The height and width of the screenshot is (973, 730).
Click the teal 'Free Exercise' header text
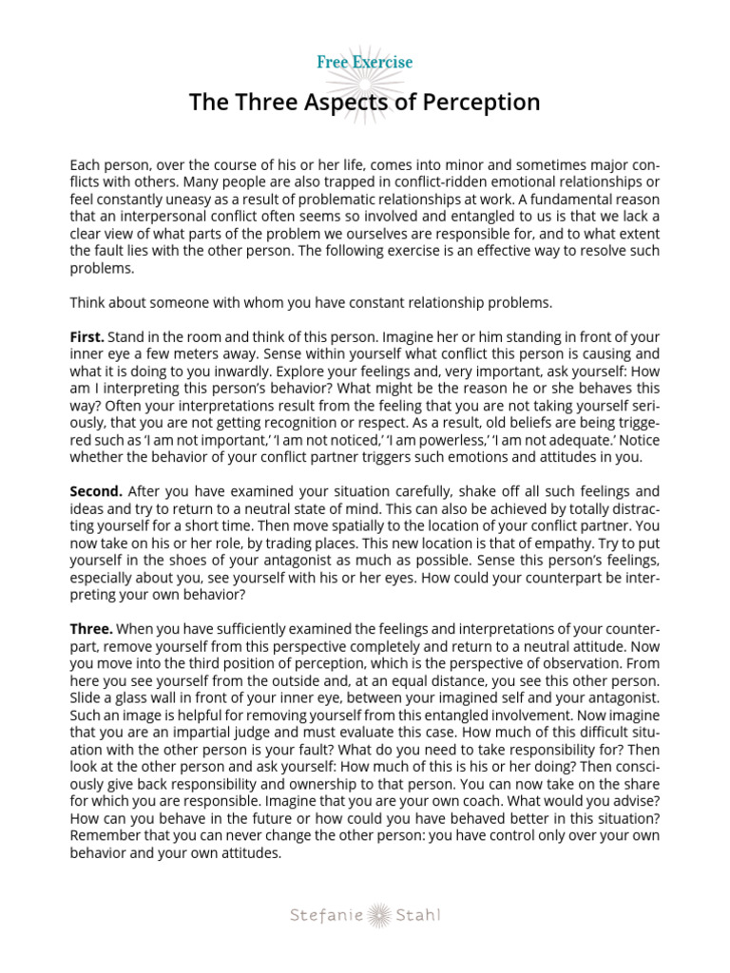[365, 63]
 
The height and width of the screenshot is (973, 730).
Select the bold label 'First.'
[87, 337]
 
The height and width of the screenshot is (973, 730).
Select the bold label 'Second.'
[96, 491]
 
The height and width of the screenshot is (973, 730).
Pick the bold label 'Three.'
[91, 630]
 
